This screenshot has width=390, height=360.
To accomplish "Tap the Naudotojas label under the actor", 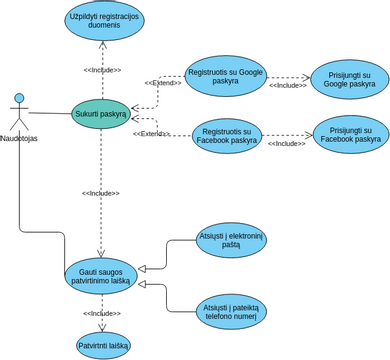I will pos(21,139).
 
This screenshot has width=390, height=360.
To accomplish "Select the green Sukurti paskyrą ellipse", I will pos(101,114).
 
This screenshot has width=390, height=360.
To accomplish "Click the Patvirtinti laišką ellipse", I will pos(102,345).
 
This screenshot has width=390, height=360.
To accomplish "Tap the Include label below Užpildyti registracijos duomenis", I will pos(101,70).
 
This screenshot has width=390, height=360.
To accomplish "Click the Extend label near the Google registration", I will pos(162,83).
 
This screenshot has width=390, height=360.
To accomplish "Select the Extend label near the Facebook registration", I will pos(152,134).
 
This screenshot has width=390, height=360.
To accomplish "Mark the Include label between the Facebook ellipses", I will pos(287,144).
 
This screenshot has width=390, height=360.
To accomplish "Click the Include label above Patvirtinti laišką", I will pos(101,313).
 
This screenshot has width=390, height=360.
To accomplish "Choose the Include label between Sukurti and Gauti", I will pos(101,193).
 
